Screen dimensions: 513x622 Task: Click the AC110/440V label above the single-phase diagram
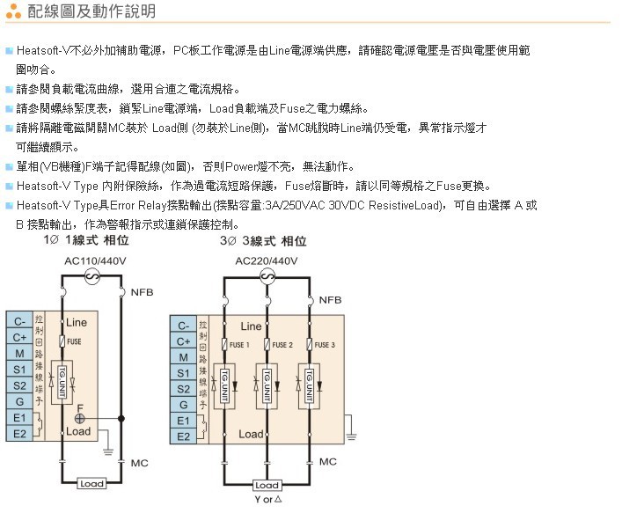pyautogui.click(x=95, y=260)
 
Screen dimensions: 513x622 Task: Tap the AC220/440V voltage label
pyautogui.click(x=267, y=260)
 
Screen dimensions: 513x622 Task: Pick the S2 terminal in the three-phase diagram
pyautogui.click(x=183, y=389)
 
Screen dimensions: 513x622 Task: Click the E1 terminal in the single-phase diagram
pyautogui.click(x=19, y=416)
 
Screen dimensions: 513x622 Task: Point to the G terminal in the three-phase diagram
pyautogui.click(x=183, y=405)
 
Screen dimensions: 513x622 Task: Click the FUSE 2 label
pyautogui.click(x=282, y=345)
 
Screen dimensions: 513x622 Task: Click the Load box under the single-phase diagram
pyautogui.click(x=91, y=484)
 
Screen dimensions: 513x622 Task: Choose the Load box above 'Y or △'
pyautogui.click(x=267, y=485)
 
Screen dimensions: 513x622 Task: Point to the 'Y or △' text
pyautogui.click(x=267, y=500)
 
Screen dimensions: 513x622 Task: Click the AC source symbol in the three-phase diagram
pyautogui.click(x=267, y=276)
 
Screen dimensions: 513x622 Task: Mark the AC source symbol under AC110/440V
pyautogui.click(x=91, y=276)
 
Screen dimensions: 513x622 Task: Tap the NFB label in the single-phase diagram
pyautogui.click(x=142, y=291)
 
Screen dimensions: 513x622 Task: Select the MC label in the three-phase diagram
pyautogui.click(x=328, y=461)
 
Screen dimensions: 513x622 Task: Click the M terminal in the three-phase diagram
pyautogui.click(x=183, y=357)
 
